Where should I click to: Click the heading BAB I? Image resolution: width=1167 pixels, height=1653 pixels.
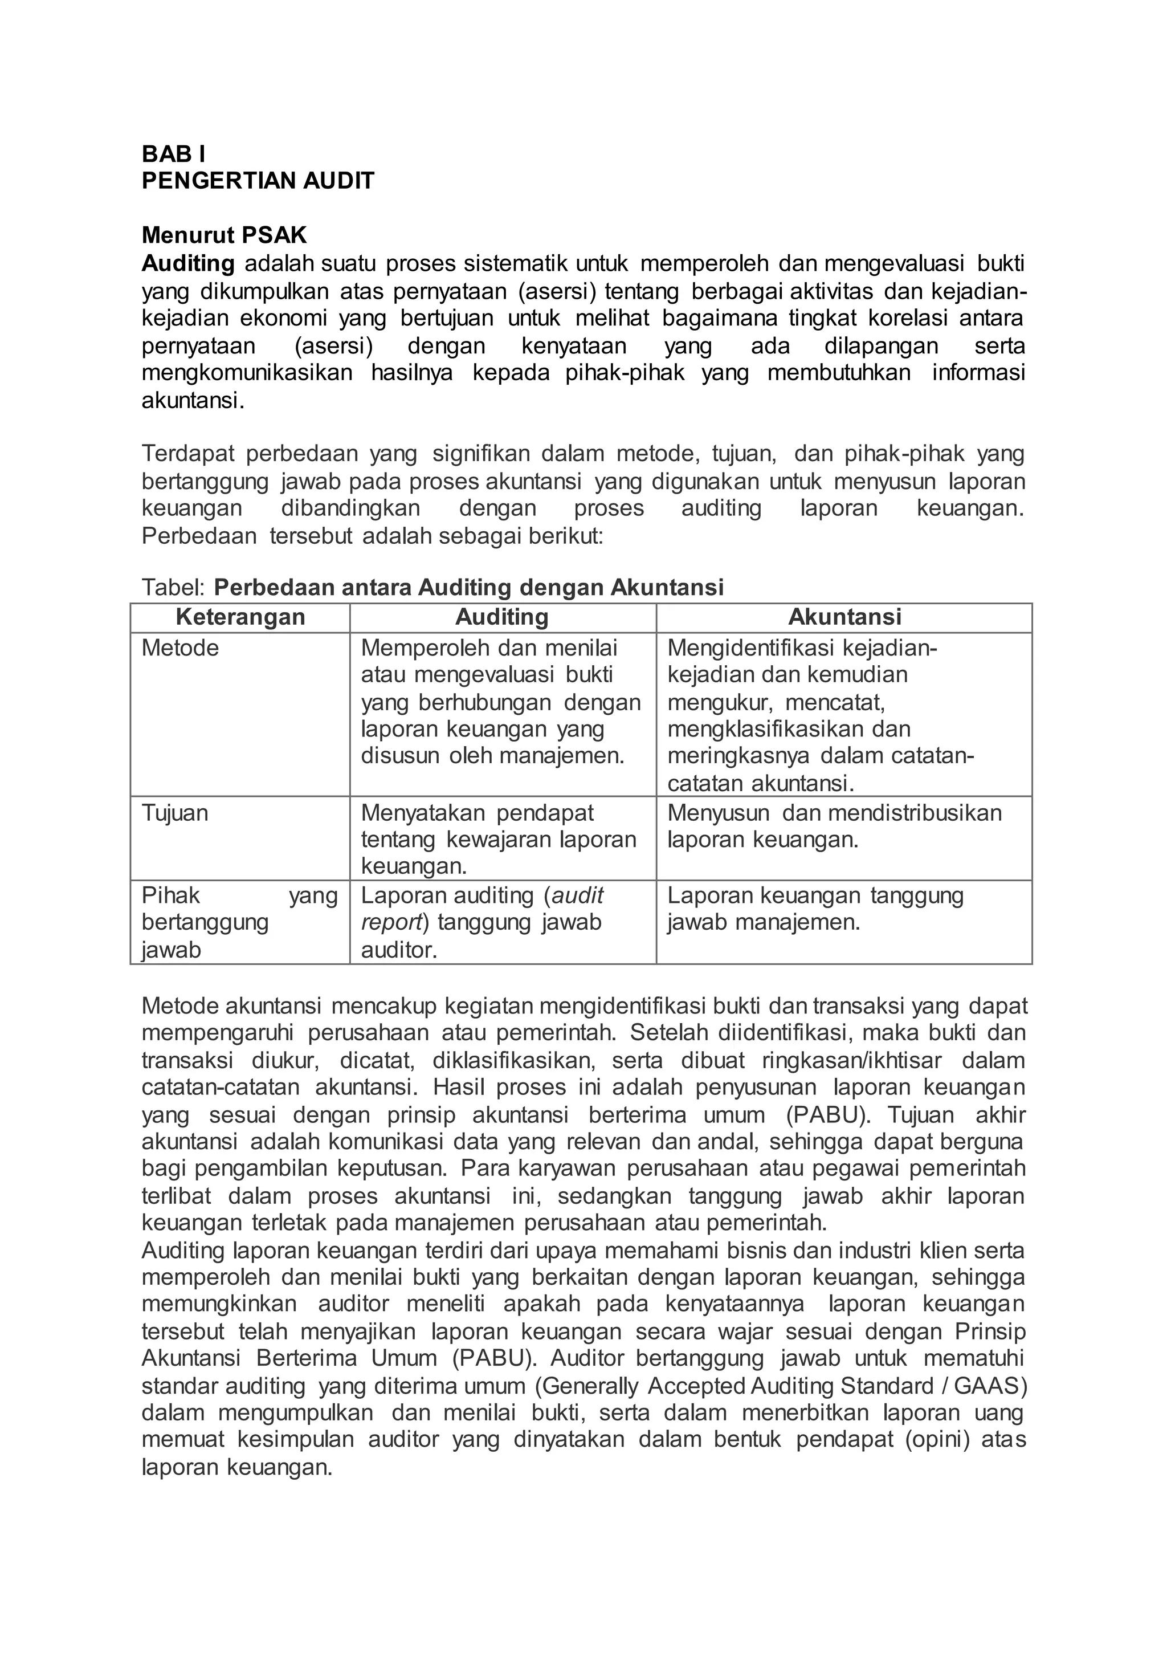tap(173, 154)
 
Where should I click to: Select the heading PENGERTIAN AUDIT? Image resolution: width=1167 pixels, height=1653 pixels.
tap(258, 181)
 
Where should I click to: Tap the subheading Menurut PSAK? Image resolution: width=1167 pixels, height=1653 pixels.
tap(224, 235)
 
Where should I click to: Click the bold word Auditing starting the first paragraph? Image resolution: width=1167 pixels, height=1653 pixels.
tap(188, 264)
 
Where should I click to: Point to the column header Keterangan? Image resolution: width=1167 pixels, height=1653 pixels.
tap(240, 617)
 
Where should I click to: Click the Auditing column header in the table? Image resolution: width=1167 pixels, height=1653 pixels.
tap(502, 617)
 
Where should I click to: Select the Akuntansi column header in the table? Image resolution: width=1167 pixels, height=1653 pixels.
tap(844, 617)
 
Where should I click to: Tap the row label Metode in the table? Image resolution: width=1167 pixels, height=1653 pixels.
tap(180, 648)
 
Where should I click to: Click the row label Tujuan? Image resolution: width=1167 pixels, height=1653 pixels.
tap(175, 813)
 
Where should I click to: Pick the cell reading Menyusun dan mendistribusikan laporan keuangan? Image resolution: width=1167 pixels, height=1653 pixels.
tap(834, 826)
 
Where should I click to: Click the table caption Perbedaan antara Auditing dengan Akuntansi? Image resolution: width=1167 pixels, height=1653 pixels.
tap(468, 588)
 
